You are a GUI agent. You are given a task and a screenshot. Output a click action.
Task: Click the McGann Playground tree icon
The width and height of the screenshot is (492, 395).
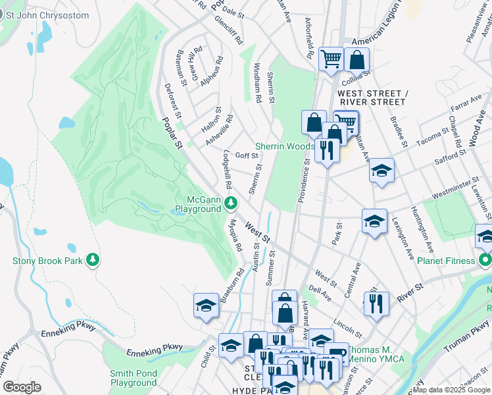pos(230,202)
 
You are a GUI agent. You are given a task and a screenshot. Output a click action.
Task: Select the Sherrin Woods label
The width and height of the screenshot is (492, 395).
pos(283,146)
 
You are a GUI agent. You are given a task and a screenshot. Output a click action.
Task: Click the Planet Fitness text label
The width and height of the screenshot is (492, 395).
pos(445,261)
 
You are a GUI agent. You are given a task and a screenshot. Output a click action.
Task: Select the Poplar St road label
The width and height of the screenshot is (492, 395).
pos(172,136)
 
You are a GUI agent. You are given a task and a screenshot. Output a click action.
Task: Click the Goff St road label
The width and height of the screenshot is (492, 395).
pos(246,156)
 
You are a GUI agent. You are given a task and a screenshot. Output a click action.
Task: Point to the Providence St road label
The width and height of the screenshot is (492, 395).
pos(304,180)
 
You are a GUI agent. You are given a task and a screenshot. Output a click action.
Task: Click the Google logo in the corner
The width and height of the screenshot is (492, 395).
pos(22,387)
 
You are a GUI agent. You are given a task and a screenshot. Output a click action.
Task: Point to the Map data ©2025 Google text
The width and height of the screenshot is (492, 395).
pos(451,390)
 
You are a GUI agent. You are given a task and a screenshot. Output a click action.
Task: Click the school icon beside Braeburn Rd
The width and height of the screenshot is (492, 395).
pos(206,305)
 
